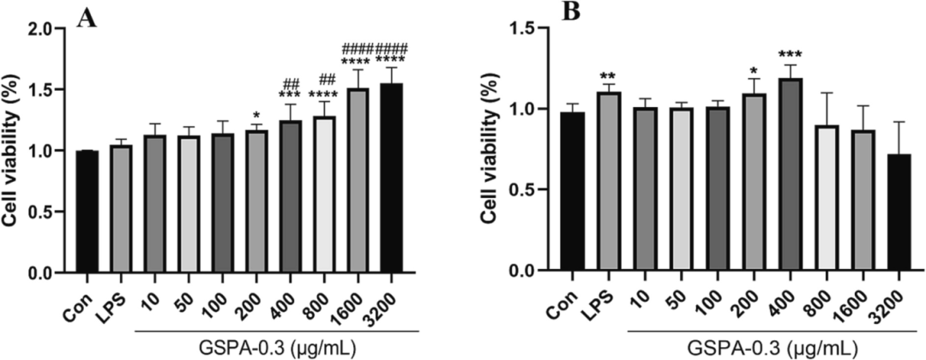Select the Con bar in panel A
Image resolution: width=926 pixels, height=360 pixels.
click(x=87, y=212)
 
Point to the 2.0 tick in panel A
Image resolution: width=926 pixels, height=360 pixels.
click(x=55, y=28)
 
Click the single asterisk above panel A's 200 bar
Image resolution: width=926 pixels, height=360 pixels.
click(x=256, y=116)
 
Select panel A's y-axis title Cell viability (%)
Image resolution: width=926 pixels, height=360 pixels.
click(x=17, y=150)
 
